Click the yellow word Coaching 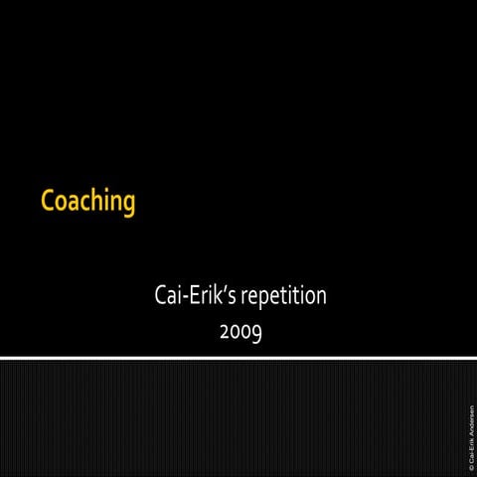(x=87, y=202)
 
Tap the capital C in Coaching (x=48, y=201)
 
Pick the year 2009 (x=239, y=331)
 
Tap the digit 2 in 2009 (x=225, y=331)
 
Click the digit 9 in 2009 (x=256, y=333)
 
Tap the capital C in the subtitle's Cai (x=161, y=295)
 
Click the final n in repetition (x=320, y=297)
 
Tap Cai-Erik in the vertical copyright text (x=471, y=446)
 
